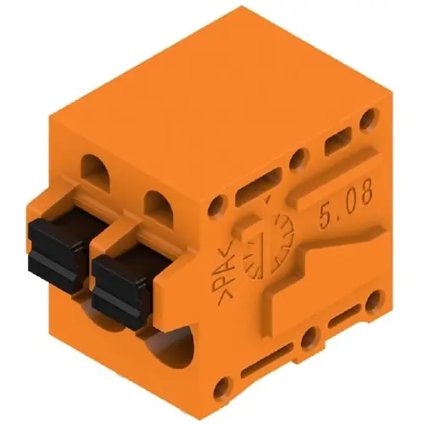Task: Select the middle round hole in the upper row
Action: [298, 159]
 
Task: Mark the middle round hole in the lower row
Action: [309, 339]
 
